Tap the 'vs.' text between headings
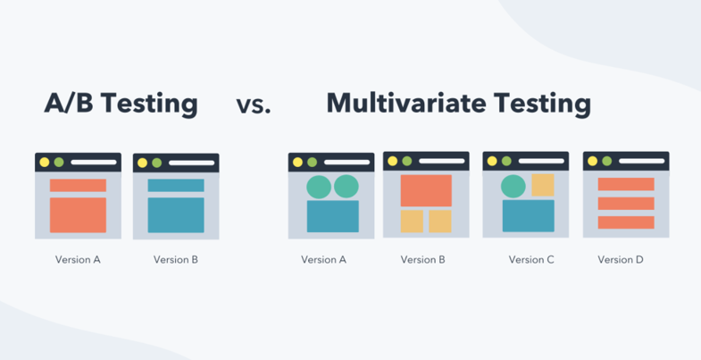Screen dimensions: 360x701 254,105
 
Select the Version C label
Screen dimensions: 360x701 531,260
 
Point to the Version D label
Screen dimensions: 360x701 621,260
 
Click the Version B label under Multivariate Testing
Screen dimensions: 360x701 423,260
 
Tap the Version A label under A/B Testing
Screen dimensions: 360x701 78,260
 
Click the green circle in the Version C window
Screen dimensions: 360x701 513,186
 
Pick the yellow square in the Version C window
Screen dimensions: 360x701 542,185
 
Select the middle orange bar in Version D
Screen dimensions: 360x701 626,204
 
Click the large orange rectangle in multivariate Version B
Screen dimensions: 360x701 426,190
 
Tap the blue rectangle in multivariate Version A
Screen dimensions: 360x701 332,216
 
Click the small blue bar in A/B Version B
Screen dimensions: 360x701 176,186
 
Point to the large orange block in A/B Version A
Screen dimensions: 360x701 78,215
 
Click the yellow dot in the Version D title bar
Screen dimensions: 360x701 593,162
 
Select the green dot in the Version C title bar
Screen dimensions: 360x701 507,162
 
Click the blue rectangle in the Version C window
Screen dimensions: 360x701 528,216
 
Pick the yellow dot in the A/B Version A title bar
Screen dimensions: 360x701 45,163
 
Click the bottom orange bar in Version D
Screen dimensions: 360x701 626,222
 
